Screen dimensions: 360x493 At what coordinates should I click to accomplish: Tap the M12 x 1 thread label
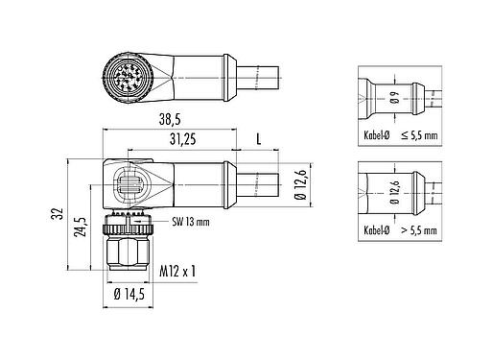click(x=177, y=271)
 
